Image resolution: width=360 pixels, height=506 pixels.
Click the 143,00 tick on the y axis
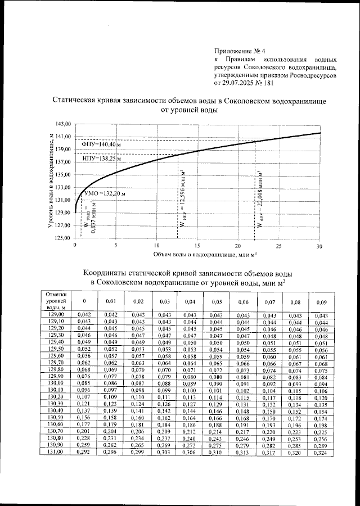click(62, 123)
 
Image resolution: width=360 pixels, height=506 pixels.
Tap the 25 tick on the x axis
click(278, 246)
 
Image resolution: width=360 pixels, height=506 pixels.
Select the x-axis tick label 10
click(156, 246)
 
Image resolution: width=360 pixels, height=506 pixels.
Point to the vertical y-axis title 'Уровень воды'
click(51, 180)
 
